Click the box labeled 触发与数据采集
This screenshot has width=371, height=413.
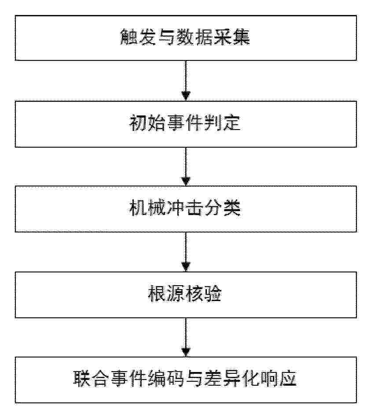point(186,38)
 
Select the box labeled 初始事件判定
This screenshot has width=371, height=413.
point(186,124)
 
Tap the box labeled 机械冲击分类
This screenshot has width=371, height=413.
point(186,209)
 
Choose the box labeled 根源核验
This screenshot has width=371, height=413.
point(186,295)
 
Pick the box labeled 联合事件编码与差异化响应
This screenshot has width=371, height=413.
point(186,380)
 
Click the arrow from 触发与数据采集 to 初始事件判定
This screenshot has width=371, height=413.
point(186,81)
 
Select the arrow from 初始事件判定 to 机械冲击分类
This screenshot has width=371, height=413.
point(186,167)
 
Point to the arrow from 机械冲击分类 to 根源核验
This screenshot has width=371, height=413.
point(186,252)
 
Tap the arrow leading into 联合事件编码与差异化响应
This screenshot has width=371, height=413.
point(186,337)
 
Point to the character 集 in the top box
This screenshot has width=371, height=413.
point(241,37)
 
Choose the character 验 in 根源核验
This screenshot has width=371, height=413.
point(213,294)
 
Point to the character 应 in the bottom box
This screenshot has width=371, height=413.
point(288,379)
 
